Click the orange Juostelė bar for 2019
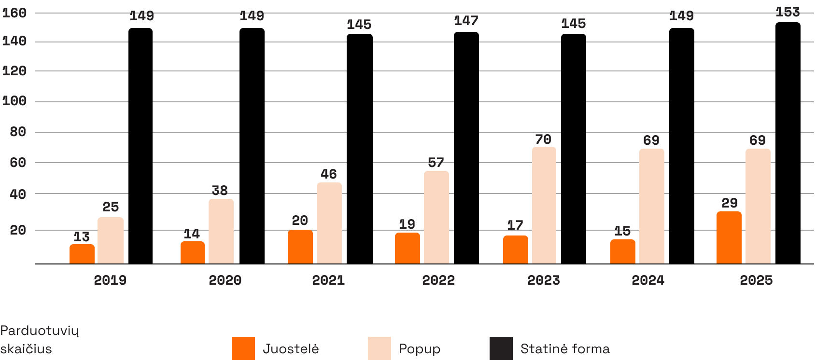82,254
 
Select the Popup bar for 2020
221,231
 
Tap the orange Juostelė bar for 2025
729,237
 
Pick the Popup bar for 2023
544,205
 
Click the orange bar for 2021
300,247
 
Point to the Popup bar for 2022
436,217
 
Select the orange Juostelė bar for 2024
623,251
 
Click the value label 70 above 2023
543,140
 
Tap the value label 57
436,163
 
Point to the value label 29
729,203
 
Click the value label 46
329,174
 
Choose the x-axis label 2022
438,280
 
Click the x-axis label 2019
110,280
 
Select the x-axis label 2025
756,280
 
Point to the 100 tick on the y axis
14,102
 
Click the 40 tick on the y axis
18,194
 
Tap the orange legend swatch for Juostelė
243,348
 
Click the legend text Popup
419,349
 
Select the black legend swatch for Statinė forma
501,348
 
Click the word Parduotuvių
40,331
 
